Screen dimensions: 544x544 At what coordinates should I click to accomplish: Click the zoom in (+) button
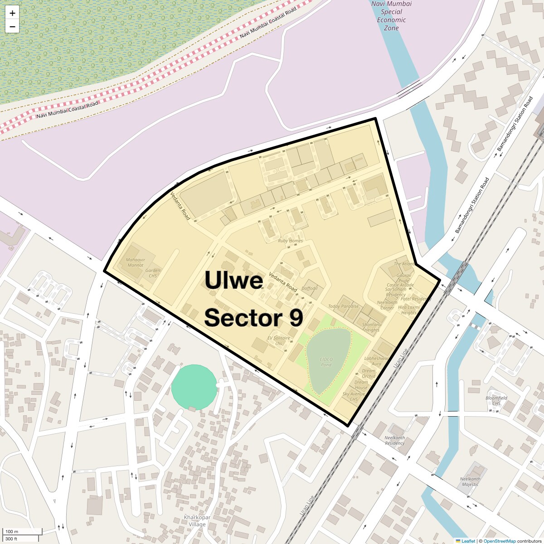point(12,13)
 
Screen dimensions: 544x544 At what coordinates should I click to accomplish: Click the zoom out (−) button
point(12,27)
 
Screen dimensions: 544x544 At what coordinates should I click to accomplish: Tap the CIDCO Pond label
point(326,362)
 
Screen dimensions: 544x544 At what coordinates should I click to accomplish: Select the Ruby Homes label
point(290,241)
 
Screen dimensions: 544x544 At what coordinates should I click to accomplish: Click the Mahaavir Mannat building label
point(136,262)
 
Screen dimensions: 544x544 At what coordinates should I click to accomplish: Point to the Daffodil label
point(310,288)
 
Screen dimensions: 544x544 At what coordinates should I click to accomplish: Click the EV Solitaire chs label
point(278,340)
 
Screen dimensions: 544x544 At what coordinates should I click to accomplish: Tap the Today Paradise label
point(343,306)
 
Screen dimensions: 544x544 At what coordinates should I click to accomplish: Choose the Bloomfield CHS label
point(496,401)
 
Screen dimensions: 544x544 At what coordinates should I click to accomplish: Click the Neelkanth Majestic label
point(470,481)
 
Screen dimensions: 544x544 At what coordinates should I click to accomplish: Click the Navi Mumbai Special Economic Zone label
point(391,16)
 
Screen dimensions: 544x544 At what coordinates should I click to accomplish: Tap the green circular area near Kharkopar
point(194,387)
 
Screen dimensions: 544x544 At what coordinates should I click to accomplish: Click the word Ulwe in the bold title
point(234,280)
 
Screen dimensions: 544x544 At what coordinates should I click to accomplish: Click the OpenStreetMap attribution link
point(499,541)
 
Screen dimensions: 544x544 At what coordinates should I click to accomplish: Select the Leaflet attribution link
point(468,541)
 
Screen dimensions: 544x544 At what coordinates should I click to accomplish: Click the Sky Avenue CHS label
point(354,397)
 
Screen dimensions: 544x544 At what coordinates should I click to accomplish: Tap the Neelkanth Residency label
point(394,440)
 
